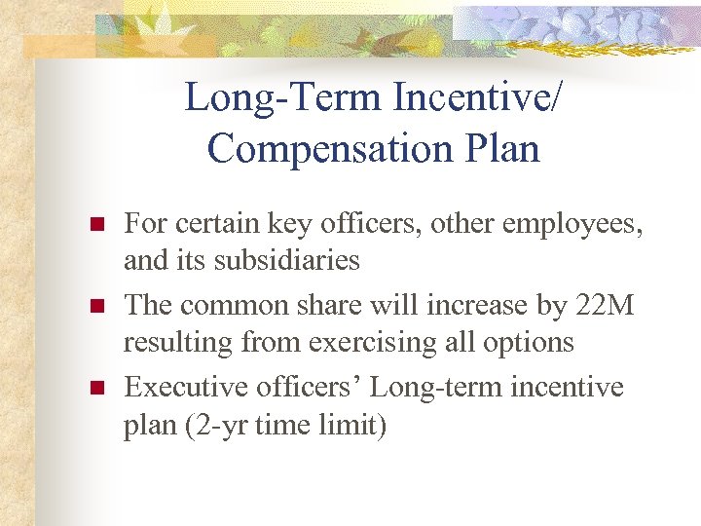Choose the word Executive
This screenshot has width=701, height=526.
click(x=188, y=387)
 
